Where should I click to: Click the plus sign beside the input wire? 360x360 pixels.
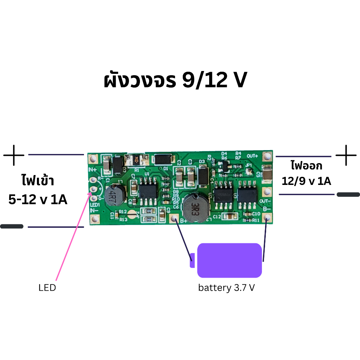14,155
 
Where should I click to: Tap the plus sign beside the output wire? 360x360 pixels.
346,155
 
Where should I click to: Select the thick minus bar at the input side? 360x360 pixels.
12,226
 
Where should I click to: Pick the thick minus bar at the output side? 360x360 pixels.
348,194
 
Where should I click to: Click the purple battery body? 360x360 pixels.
230,260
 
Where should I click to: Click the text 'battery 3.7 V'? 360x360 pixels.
226,288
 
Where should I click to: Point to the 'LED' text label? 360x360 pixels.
47,288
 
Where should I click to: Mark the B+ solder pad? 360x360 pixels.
175,219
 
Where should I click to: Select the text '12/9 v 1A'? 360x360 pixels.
306,181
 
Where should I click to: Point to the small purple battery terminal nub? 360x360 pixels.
192,260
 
